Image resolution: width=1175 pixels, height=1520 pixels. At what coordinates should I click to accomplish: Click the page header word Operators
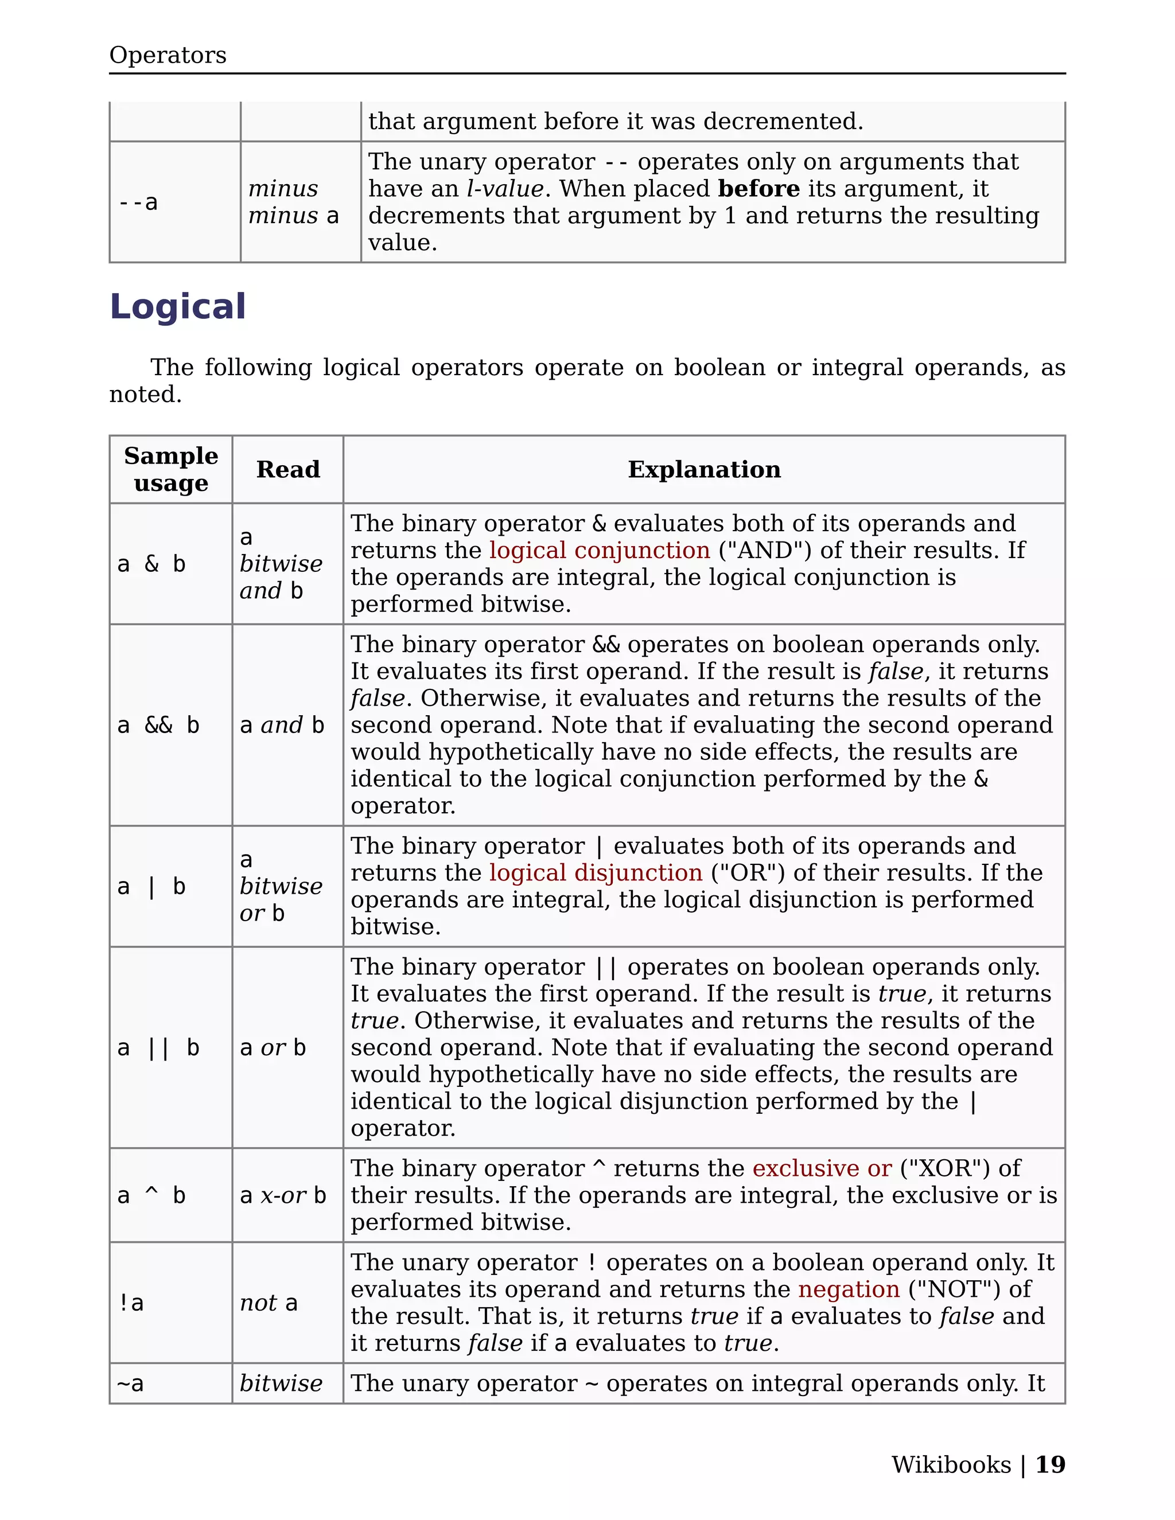[x=168, y=55]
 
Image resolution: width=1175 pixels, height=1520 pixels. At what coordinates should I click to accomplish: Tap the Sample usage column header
[x=170, y=469]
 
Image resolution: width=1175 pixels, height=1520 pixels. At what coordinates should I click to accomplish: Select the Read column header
[x=287, y=469]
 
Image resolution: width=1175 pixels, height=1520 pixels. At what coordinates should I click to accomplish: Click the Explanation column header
[x=704, y=469]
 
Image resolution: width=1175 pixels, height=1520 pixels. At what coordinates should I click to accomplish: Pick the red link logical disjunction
[x=596, y=873]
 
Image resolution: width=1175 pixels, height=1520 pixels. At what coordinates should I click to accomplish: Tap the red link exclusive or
[x=822, y=1168]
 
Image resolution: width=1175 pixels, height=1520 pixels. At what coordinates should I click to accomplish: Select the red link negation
[x=849, y=1289]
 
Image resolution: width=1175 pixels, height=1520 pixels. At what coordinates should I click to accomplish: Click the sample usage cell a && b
[x=159, y=725]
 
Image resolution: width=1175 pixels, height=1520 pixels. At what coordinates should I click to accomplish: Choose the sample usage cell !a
[x=131, y=1303]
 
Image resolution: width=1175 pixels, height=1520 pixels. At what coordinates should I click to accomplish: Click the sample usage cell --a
[x=138, y=202]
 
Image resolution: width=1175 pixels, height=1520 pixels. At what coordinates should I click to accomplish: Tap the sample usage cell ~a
[x=130, y=1383]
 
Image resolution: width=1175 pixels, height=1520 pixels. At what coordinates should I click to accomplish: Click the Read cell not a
[x=269, y=1303]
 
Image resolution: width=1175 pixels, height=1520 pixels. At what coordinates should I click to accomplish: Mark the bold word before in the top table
[x=758, y=189]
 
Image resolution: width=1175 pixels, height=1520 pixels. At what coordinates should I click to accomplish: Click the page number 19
[x=1050, y=1465]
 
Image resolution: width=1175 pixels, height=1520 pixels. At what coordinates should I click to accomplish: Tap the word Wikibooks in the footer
[x=951, y=1465]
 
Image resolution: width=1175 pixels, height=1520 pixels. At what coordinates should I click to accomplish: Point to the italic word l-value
[x=505, y=189]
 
